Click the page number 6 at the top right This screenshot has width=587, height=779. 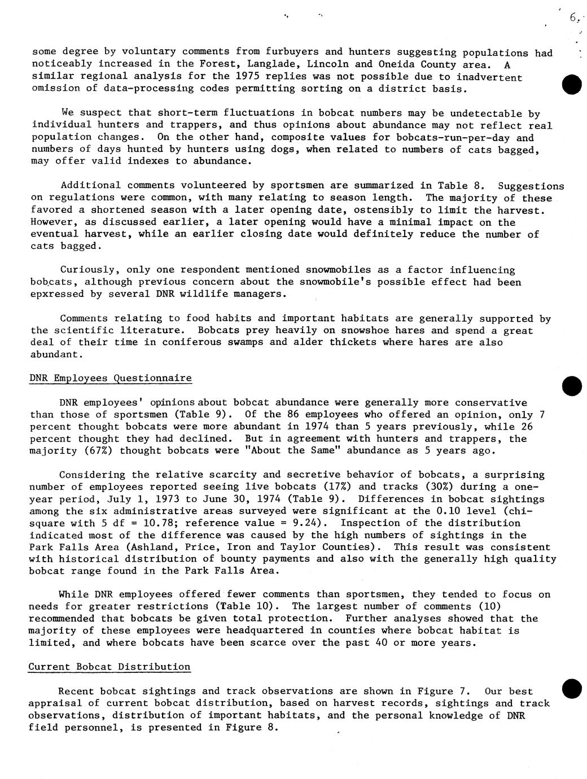573,18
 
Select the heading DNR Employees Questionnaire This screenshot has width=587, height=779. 110,378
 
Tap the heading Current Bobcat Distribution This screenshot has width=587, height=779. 109,667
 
